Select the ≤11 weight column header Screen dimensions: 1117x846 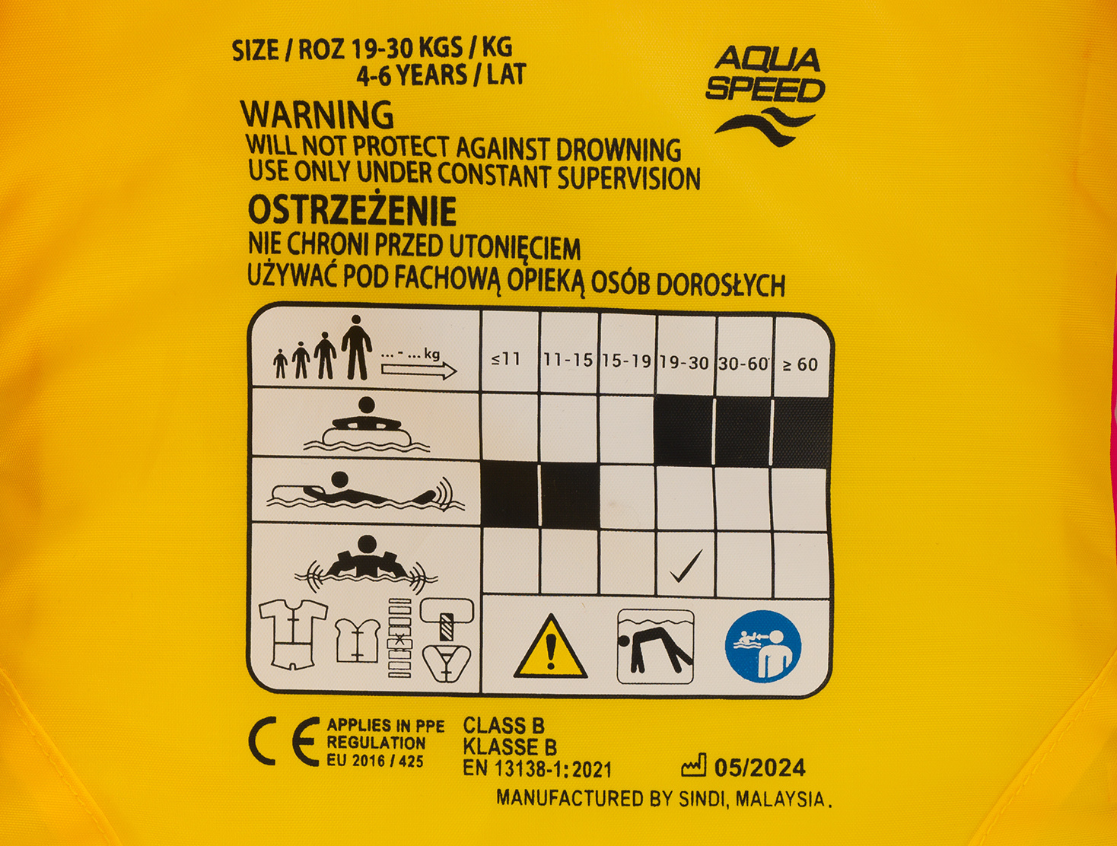(506, 360)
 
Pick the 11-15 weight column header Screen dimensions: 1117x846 (568, 360)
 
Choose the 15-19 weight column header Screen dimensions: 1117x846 (626, 361)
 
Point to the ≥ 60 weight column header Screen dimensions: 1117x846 (800, 364)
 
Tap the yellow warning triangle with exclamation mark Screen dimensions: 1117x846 (551, 647)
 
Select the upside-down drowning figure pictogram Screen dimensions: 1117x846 (655, 647)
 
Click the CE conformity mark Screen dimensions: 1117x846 (284, 742)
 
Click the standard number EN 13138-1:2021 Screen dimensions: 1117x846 (537, 769)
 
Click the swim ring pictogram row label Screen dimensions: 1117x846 (367, 425)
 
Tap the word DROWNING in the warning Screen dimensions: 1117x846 (619, 150)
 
